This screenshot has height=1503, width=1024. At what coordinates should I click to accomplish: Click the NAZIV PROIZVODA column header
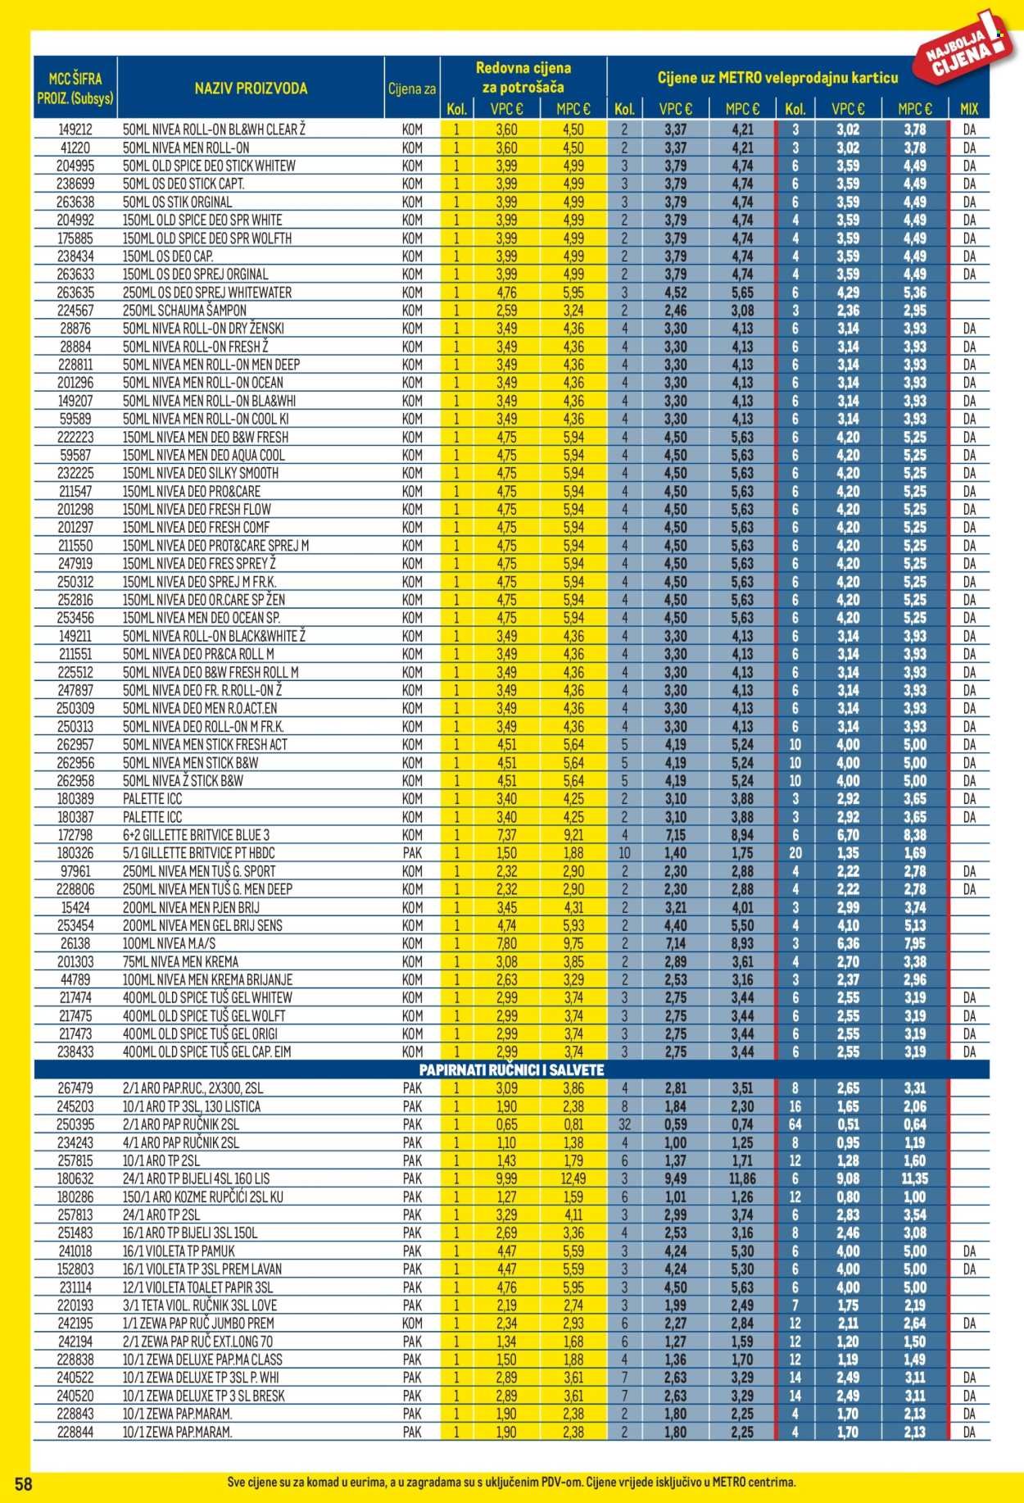(251, 89)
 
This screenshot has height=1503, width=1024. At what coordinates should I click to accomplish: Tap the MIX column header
(969, 109)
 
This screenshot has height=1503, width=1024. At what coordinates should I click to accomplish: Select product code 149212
(75, 129)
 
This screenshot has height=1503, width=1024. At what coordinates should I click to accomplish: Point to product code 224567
(75, 311)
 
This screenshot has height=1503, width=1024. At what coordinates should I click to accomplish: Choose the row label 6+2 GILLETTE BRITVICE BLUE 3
(196, 835)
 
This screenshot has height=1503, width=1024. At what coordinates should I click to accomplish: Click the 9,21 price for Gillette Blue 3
(573, 835)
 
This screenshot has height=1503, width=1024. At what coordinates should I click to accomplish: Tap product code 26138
(75, 943)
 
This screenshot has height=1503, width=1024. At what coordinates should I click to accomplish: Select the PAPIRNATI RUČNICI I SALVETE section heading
(511, 1070)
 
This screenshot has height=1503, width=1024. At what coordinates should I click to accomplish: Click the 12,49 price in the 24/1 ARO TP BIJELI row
(573, 1178)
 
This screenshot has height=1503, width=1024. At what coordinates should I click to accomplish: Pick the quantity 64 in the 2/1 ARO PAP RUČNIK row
(795, 1124)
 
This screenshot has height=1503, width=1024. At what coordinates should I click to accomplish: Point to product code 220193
(75, 1305)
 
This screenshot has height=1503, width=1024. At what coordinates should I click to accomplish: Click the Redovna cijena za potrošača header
(523, 77)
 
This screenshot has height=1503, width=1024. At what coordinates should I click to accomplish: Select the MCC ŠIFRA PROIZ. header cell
(75, 89)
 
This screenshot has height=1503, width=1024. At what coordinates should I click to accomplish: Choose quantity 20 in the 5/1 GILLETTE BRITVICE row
(795, 853)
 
